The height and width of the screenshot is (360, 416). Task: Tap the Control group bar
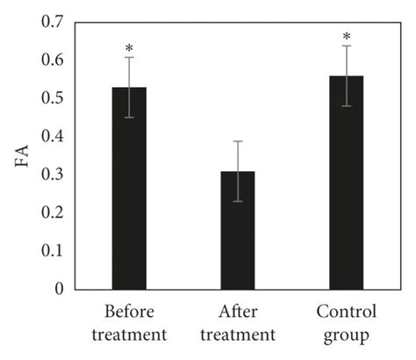[x=346, y=189]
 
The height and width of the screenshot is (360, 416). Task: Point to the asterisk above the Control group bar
[x=346, y=35]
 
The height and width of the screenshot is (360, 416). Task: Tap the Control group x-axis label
[x=346, y=322]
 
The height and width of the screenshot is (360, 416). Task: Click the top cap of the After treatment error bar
[x=238, y=141]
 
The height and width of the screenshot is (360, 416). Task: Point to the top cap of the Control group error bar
[x=346, y=46]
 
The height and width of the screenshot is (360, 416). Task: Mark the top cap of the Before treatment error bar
[x=129, y=58]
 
